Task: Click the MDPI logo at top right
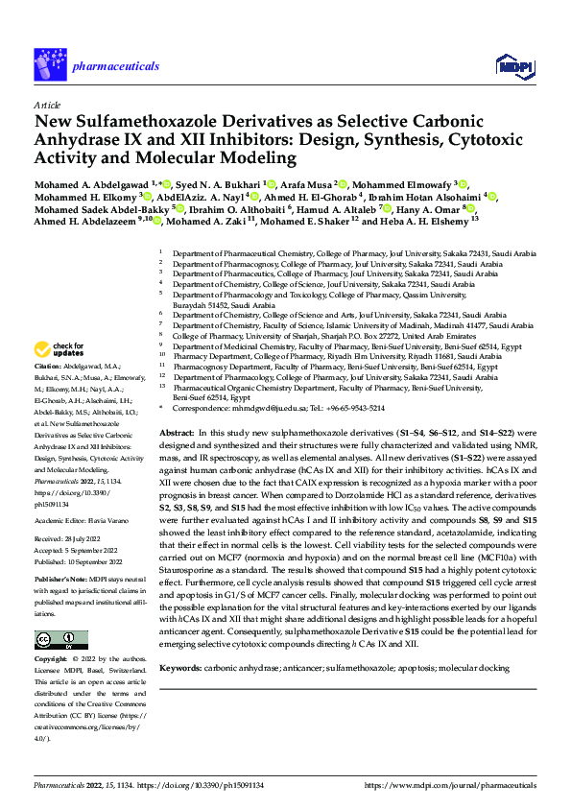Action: (509, 64)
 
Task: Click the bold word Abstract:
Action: (179, 434)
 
